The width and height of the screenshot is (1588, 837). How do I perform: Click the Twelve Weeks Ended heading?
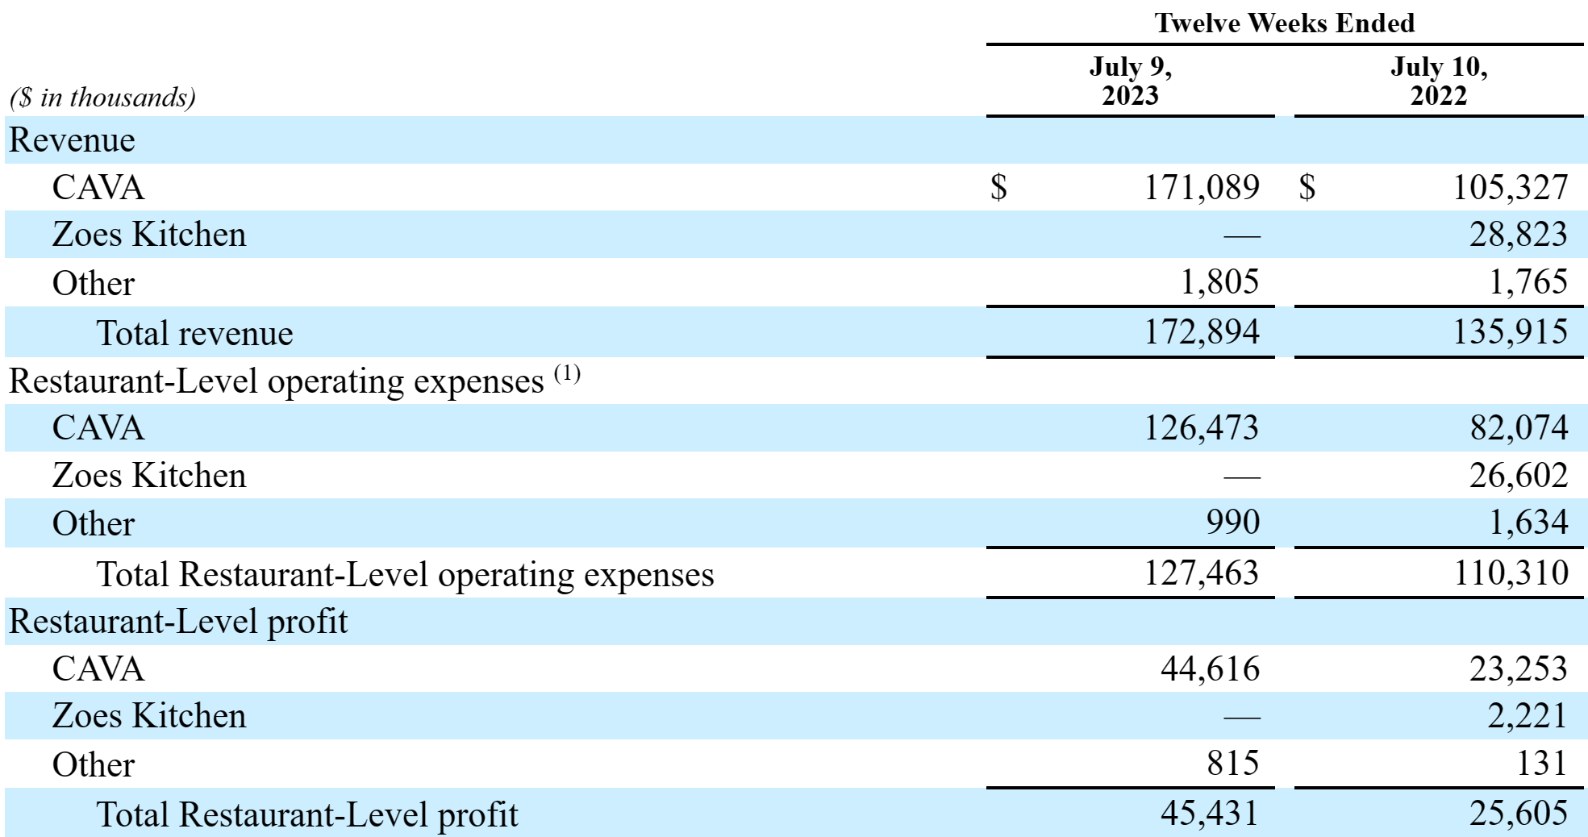[1284, 23]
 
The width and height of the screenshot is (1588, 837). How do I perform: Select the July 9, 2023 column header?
[1130, 81]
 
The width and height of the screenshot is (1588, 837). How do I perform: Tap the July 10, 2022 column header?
[1439, 81]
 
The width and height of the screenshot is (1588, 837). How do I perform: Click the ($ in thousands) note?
[102, 98]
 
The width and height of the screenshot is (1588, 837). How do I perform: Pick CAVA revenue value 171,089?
[1202, 187]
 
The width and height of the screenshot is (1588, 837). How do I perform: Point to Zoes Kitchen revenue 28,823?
[1518, 235]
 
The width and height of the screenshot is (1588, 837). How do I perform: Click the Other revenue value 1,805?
[1219, 282]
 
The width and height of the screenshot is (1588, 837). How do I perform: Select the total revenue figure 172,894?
[1202, 331]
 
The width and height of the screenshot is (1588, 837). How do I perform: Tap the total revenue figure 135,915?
[1511, 331]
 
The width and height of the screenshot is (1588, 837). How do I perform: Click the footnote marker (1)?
[567, 374]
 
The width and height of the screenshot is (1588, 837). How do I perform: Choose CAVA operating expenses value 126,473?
[1202, 427]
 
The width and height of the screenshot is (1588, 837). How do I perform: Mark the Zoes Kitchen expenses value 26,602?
[1518, 475]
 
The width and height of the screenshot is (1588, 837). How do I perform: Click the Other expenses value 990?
[1233, 523]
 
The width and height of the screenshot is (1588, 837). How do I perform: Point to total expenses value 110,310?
[1511, 573]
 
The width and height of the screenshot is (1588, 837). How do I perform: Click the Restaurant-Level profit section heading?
[178, 622]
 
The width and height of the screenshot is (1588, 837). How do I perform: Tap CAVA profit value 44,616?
[1210, 668]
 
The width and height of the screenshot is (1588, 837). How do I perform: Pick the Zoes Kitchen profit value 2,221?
[1527, 716]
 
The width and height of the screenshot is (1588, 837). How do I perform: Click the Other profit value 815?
[1233, 763]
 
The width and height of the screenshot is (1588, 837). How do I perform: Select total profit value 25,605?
[1518, 813]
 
